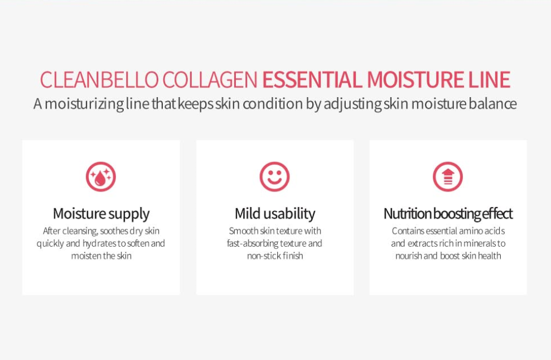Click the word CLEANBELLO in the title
99,80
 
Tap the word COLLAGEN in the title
210,80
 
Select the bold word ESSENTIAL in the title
312,80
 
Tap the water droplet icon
101,176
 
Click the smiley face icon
274,176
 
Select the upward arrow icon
448,176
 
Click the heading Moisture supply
101,214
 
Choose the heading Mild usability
275,214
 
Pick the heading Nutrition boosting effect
448,214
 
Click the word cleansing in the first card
80,231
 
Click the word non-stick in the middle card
263,256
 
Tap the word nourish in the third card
409,256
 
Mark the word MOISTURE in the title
415,80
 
